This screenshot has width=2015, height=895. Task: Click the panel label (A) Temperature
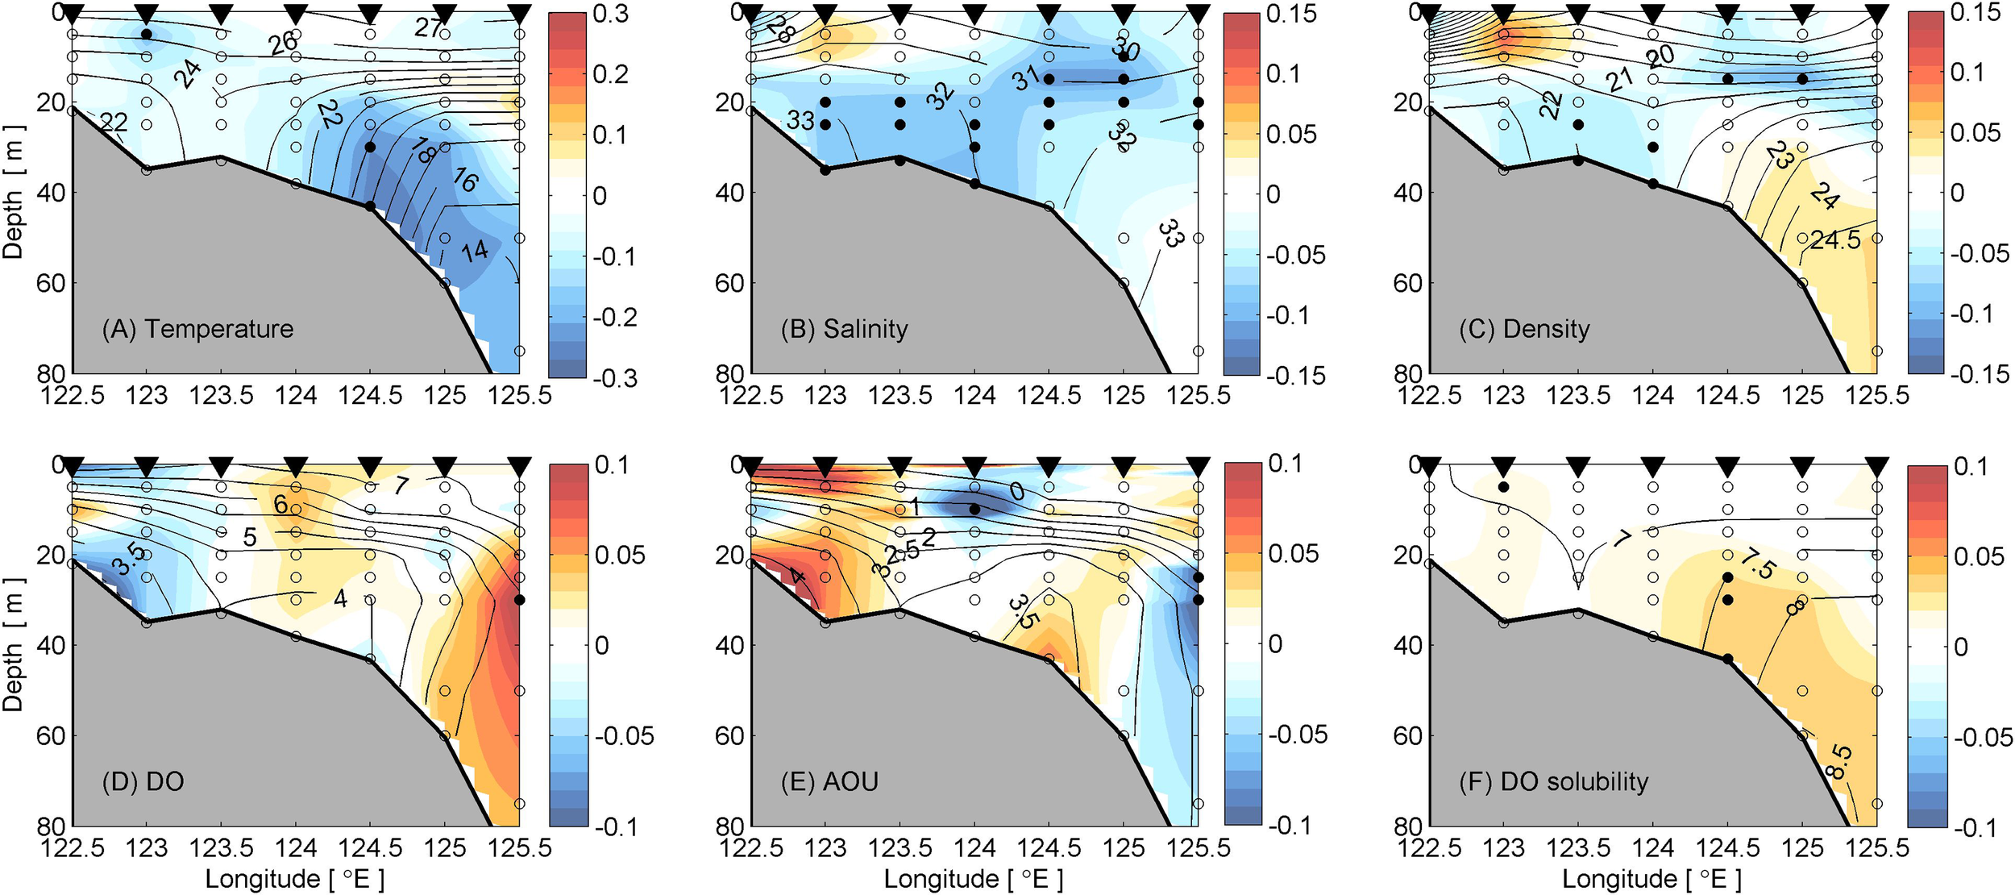click(197, 329)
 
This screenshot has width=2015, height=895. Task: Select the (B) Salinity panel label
click(844, 329)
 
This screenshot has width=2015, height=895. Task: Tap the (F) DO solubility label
click(1553, 781)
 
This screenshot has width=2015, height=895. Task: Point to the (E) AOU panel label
click(829, 781)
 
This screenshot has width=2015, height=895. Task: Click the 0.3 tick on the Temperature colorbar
click(610, 14)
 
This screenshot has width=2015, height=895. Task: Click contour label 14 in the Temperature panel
click(475, 251)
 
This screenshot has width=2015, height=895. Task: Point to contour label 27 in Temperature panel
click(429, 28)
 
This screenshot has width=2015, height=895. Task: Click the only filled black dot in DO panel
click(520, 599)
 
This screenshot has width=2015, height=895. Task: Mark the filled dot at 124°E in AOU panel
click(974, 509)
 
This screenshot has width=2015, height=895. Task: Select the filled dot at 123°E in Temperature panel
click(146, 34)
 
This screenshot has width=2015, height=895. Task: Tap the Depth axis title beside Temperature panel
click(13, 192)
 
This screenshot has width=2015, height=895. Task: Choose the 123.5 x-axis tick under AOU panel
click(900, 847)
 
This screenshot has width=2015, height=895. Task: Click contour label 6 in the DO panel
click(280, 505)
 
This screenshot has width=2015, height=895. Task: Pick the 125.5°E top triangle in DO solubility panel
click(1878, 467)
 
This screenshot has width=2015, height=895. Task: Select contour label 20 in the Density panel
click(1662, 56)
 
